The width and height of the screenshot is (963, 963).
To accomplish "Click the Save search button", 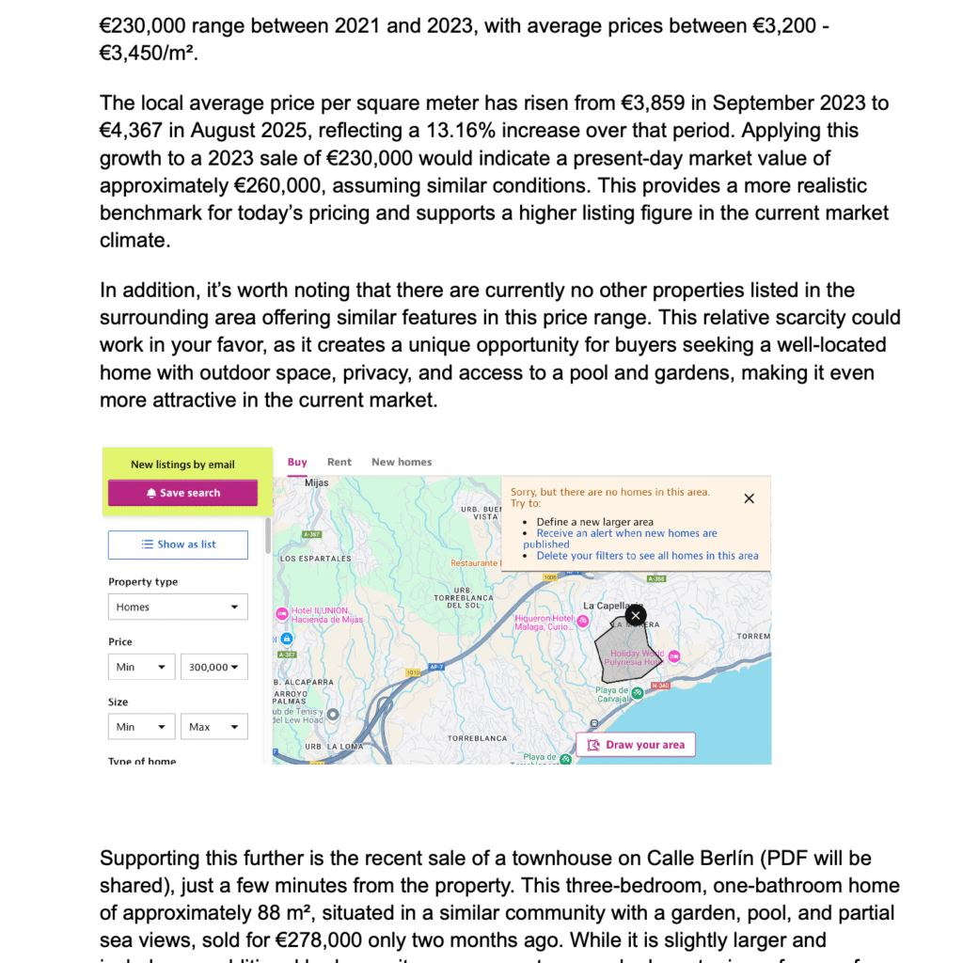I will pyautogui.click(x=182, y=493).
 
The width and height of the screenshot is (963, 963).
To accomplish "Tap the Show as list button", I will pyautogui.click(x=178, y=545).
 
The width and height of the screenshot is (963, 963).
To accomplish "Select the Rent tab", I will pyautogui.click(x=339, y=462).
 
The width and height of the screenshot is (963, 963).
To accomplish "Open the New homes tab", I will pyautogui.click(x=402, y=462).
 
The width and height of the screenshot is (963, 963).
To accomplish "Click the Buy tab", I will pyautogui.click(x=297, y=462).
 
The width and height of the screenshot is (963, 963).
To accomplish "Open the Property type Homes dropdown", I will pyautogui.click(x=178, y=607).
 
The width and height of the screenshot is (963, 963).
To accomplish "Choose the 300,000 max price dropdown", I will pyautogui.click(x=213, y=667).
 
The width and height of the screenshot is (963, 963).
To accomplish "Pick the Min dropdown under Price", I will pyautogui.click(x=141, y=667).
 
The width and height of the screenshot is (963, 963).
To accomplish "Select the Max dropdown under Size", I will pyautogui.click(x=213, y=727).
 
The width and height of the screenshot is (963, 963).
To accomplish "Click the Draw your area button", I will pyautogui.click(x=636, y=745).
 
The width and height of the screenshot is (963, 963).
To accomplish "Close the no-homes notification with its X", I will pyautogui.click(x=749, y=498).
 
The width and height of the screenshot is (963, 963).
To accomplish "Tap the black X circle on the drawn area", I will pyautogui.click(x=636, y=616).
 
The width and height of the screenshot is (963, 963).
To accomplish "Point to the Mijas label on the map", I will pyautogui.click(x=317, y=482).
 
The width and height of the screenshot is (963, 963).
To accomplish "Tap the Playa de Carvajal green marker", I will pyautogui.click(x=638, y=693).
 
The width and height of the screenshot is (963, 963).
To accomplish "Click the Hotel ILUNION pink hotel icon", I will pyautogui.click(x=281, y=614).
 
